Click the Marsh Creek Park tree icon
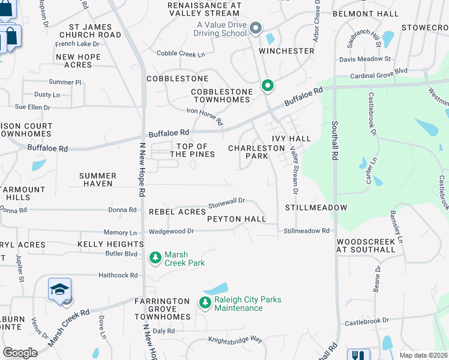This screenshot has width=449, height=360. [x=154, y=257]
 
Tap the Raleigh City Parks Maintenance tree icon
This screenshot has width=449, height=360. [x=205, y=302]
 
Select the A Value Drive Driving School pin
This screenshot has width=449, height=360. [x=256, y=28]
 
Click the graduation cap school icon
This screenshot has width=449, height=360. [x=60, y=290]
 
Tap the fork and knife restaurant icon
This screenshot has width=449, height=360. [x=359, y=356]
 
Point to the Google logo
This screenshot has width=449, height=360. [x=20, y=353]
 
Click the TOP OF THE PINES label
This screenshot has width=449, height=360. [x=192, y=151]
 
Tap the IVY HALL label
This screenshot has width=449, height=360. [x=291, y=139]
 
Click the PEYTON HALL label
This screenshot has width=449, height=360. [x=237, y=220]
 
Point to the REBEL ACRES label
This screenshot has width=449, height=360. [x=177, y=212]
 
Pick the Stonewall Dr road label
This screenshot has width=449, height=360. [x=226, y=203]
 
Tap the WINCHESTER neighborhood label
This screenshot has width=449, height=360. [x=286, y=51]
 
